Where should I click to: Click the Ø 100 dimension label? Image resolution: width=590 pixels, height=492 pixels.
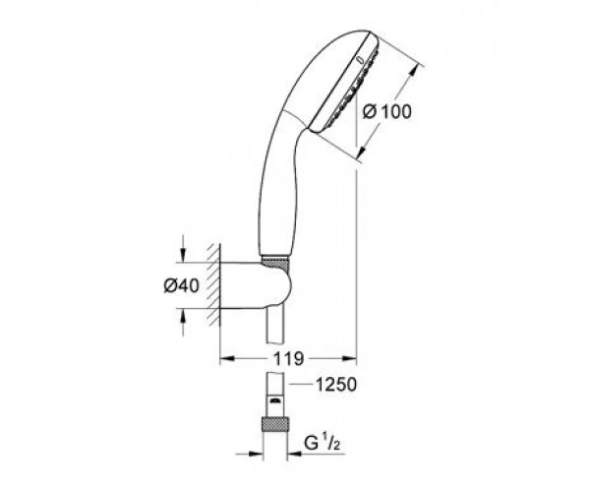tap(386, 112)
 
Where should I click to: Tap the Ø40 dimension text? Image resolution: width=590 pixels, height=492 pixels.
tap(181, 286)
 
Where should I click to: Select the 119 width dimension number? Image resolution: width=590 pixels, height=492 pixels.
tap(288, 359)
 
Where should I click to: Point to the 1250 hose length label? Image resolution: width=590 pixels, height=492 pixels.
tap(335, 385)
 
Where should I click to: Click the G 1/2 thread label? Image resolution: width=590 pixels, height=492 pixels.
tap(323, 443)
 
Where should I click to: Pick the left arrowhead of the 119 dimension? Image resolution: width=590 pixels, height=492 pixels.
tap(227, 358)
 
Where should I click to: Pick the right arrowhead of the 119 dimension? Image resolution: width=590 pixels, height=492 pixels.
tap(348, 358)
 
